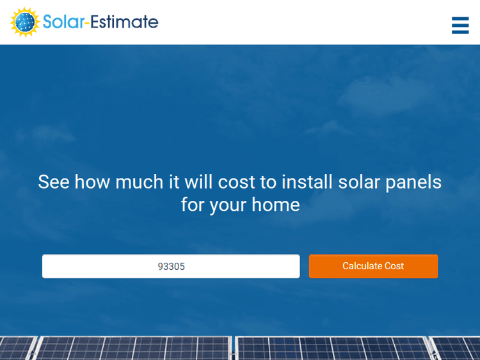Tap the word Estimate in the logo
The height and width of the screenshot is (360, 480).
tap(124, 22)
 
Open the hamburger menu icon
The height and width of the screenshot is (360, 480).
tap(460, 25)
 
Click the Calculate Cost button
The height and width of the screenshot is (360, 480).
tap(373, 266)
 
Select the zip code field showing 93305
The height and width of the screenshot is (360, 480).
tap(171, 266)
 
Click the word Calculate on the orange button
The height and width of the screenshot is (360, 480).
tap(362, 266)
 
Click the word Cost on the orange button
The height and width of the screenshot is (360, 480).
tap(394, 266)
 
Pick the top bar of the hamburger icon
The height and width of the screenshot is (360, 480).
tap(460, 19)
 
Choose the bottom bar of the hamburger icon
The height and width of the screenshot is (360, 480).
tap(460, 31)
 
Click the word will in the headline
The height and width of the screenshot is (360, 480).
tap(198, 182)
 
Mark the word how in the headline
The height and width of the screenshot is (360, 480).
tap(92, 182)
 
